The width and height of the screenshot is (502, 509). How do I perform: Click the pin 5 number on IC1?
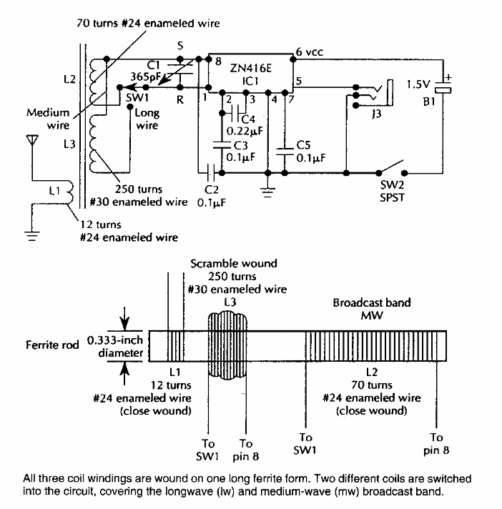click(x=298, y=81)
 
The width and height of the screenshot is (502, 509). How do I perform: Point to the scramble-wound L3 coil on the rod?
click(x=229, y=342)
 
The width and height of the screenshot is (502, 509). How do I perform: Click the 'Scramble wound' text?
click(x=234, y=263)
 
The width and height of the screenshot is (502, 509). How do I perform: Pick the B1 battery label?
click(x=428, y=103)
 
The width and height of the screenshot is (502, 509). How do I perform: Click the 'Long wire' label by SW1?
click(x=146, y=119)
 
